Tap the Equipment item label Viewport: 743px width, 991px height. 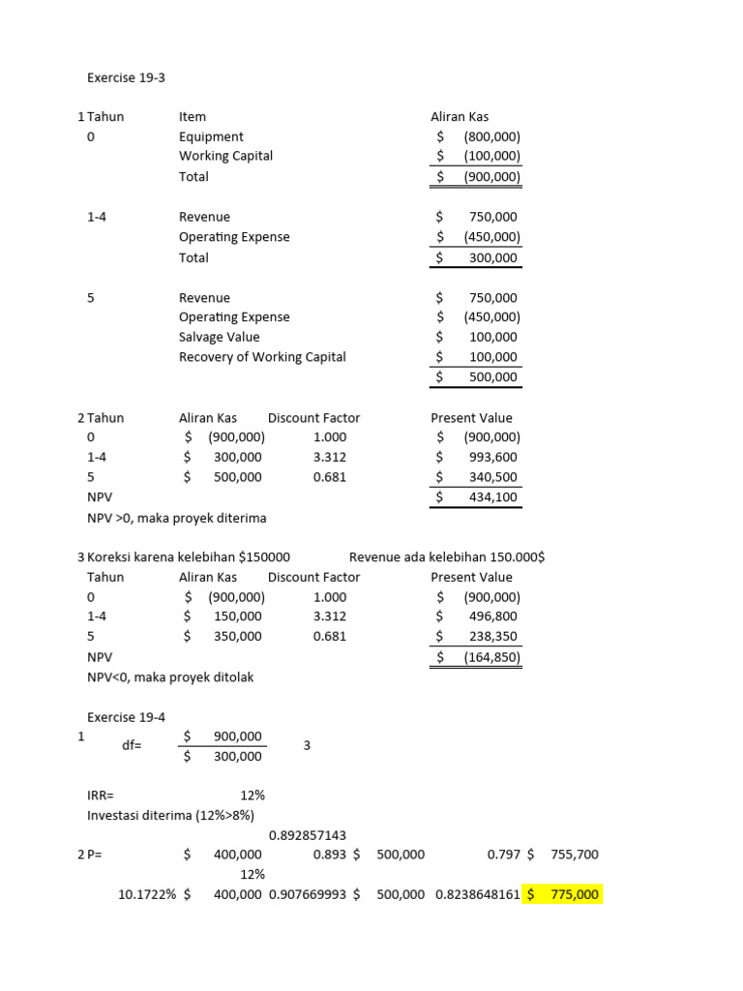[x=211, y=136]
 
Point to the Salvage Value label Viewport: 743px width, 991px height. [x=220, y=337]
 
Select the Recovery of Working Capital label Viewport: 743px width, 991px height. [x=262, y=357]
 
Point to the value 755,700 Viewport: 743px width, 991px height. [x=574, y=855]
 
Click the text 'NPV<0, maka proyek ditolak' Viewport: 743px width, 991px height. [x=170, y=677]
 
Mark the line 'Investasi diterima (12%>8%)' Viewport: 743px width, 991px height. [x=170, y=815]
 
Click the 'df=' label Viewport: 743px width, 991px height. [x=132, y=746]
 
